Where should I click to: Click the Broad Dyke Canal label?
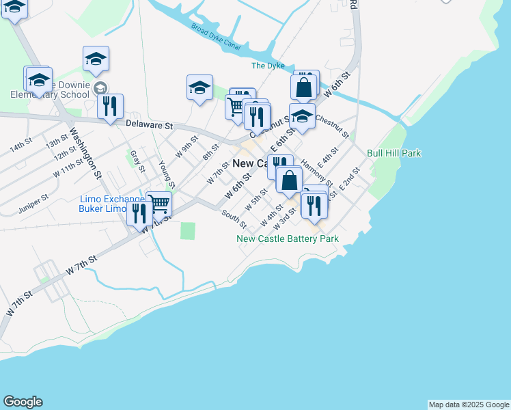click(x=217, y=38)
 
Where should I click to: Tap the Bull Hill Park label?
click(x=393, y=154)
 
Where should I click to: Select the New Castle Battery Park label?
click(x=288, y=239)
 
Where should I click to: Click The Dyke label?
click(x=267, y=66)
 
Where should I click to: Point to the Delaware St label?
click(x=150, y=125)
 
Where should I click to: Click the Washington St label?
click(x=85, y=151)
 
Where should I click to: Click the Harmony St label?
click(x=316, y=173)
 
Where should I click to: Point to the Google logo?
click(x=23, y=402)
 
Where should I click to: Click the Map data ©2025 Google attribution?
click(x=469, y=405)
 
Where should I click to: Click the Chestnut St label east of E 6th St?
click(x=332, y=125)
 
